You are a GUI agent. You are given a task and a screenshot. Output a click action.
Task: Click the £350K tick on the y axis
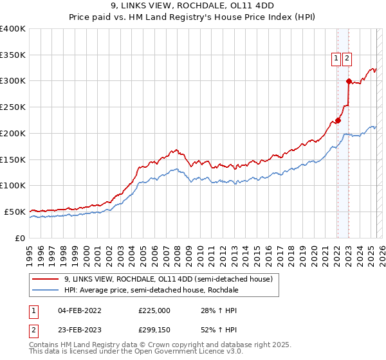click(x=13, y=55)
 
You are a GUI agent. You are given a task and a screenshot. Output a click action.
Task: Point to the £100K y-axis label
click(x=13, y=185)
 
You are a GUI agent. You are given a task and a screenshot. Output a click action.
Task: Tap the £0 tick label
click(x=19, y=238)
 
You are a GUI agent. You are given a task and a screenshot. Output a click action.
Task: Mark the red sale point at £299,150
click(x=349, y=81)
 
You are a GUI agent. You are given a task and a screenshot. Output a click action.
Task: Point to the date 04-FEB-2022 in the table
click(x=79, y=310)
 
